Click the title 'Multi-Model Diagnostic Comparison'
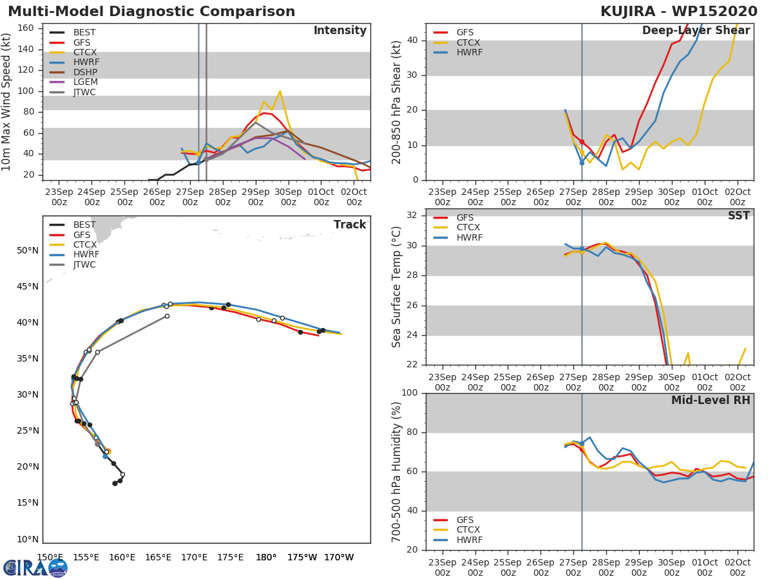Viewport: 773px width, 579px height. [151, 12]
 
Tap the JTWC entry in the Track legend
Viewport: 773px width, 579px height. [84, 264]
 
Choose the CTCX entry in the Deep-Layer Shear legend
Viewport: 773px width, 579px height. [468, 42]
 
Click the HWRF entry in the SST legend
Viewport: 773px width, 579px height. [469, 237]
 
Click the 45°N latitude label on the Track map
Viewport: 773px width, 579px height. [26, 286]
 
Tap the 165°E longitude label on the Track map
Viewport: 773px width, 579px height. [158, 557]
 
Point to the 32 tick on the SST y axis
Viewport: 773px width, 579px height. [414, 216]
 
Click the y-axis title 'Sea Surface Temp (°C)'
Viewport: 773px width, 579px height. [397, 286]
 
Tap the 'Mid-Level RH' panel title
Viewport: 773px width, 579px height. [710, 400]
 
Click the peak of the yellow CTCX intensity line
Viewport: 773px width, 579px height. [280, 91]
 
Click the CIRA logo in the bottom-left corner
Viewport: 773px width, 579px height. [35, 567]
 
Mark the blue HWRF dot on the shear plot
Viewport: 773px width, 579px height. [582, 163]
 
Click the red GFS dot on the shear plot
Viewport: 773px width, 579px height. [582, 142]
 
